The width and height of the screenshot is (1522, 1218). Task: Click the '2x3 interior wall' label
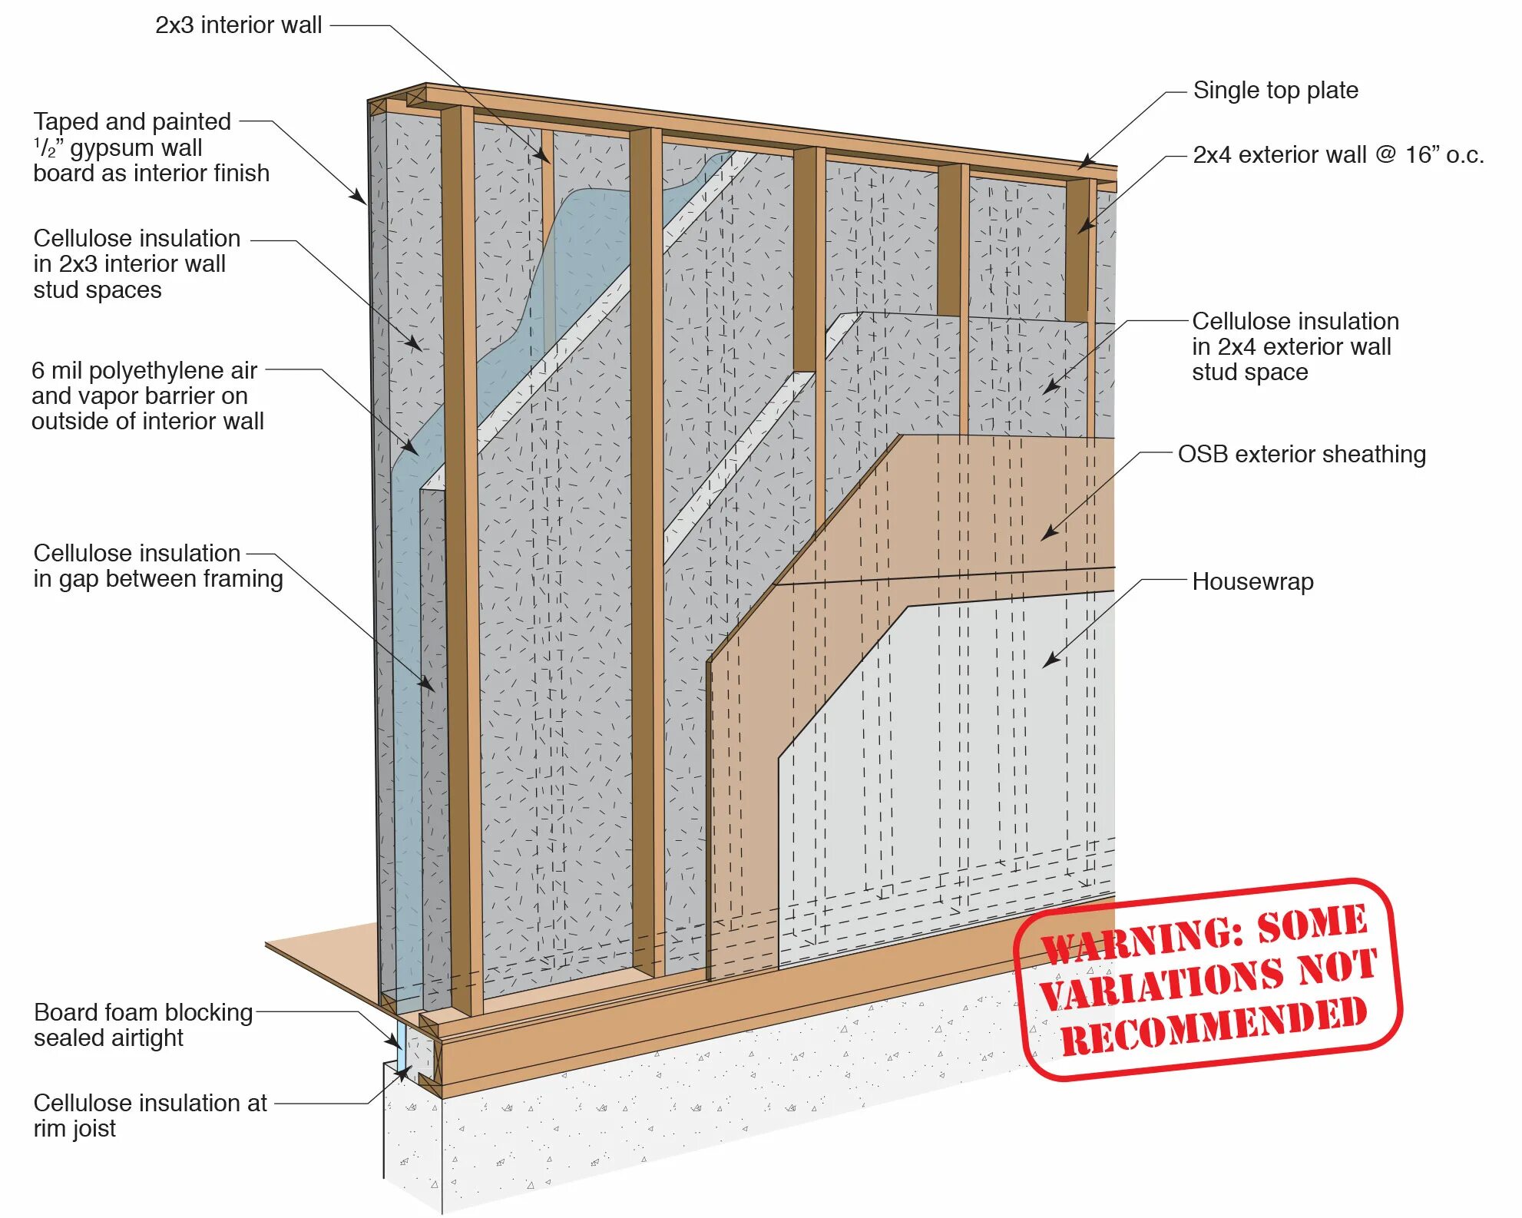[x=238, y=25]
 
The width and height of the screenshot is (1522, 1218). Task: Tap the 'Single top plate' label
[x=1275, y=91]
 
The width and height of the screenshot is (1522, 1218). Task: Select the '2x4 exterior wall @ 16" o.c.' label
[x=1338, y=155]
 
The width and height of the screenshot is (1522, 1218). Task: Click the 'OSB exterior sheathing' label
[x=1302, y=455]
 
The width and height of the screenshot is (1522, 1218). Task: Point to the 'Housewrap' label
[x=1252, y=582]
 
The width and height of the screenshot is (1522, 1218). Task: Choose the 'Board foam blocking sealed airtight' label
[x=143, y=1025]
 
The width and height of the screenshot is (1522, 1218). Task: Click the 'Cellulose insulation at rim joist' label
[x=150, y=1116]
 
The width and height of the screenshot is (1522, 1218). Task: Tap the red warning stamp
[x=1208, y=979]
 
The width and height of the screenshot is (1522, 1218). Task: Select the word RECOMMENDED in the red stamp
[x=1213, y=1025]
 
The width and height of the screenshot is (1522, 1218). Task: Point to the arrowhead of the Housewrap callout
[x=1049, y=662]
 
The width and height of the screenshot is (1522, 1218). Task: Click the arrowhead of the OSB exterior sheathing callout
[x=1047, y=535]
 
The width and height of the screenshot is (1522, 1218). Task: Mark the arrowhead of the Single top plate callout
[x=1082, y=164]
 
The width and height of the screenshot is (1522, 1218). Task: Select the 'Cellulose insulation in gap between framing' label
[x=157, y=566]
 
